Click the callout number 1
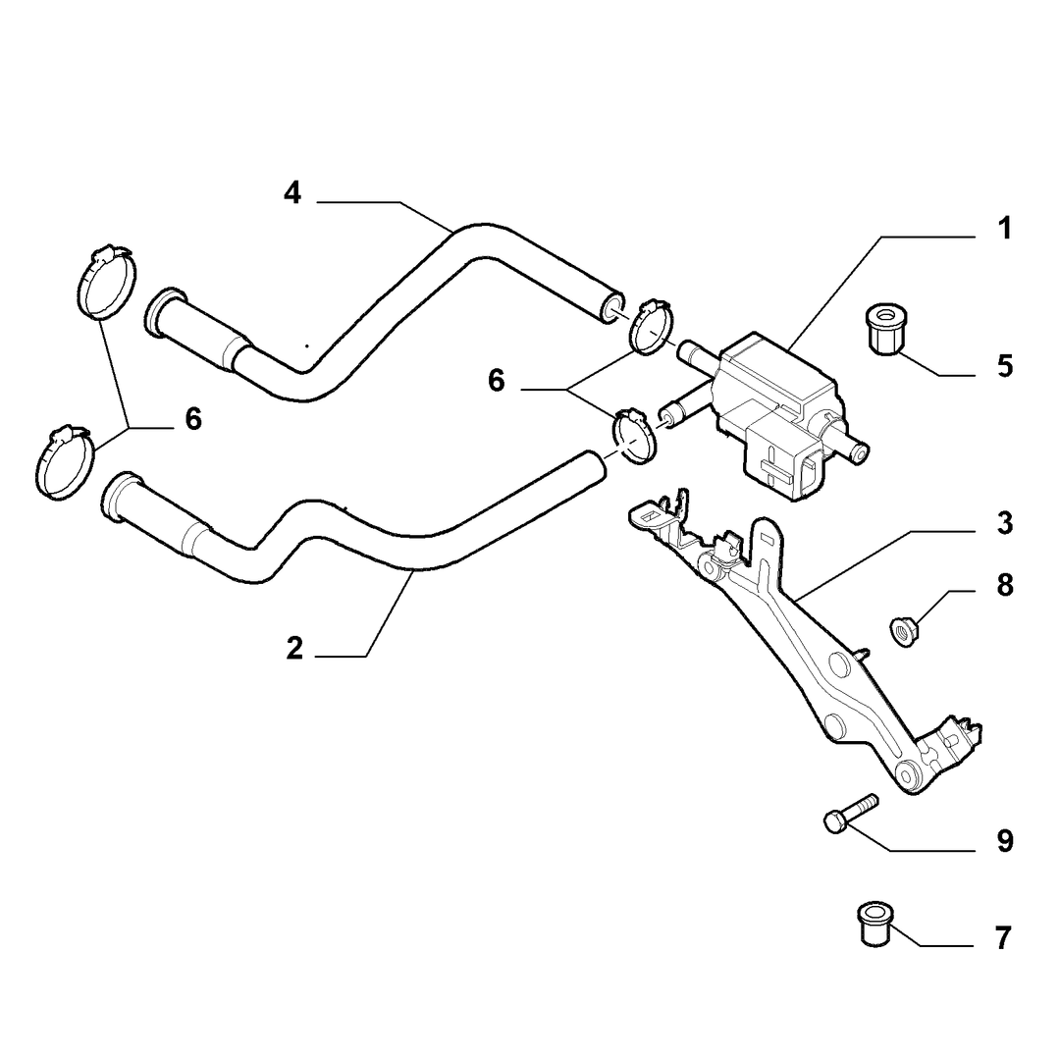1005,229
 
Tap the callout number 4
292,193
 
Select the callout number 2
294,649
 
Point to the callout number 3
1005,524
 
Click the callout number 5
1005,366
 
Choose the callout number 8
1005,585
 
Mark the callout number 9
1005,842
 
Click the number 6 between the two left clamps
193,419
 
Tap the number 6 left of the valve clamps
497,381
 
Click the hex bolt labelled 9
850,814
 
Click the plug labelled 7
874,924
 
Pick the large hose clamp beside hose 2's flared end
64,463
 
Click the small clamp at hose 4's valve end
652,327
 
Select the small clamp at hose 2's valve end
634,436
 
